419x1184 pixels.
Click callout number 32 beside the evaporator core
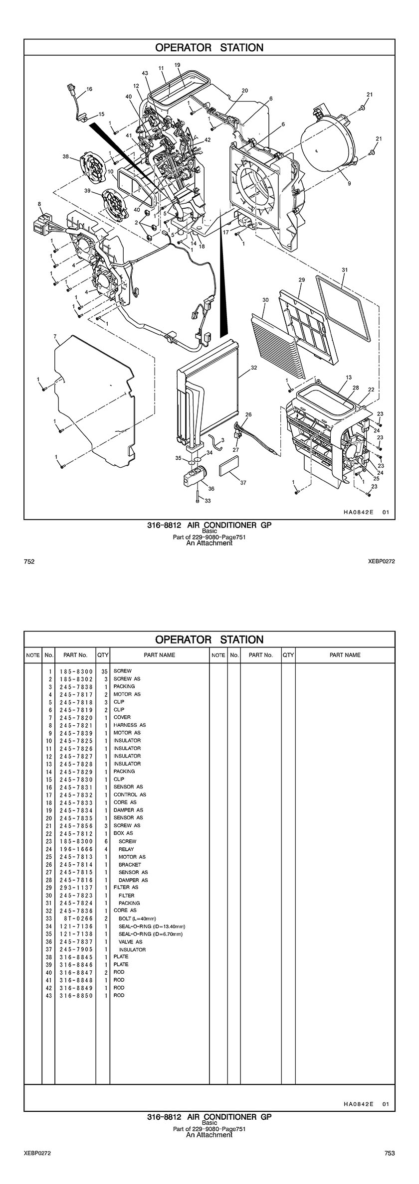(254, 368)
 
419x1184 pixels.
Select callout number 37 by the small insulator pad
(243, 483)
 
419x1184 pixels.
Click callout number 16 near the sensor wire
(89, 89)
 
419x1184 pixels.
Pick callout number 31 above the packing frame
(344, 269)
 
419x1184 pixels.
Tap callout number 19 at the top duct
(177, 65)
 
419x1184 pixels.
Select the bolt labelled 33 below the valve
(198, 496)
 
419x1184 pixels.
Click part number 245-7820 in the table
(76, 717)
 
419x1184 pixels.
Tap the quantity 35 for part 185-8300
(104, 671)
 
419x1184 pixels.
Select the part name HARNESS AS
(129, 725)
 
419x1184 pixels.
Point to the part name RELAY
(126, 849)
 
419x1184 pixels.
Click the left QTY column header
(103, 655)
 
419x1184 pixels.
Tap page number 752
(29, 561)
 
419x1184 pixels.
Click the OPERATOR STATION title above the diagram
(209, 48)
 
